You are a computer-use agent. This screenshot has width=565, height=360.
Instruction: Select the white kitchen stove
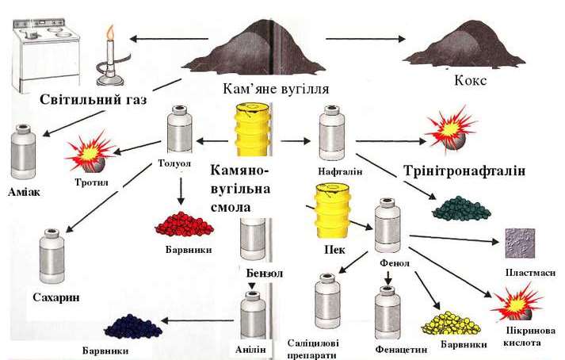(x=44, y=56)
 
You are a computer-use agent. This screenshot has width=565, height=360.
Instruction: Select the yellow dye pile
(x=449, y=321)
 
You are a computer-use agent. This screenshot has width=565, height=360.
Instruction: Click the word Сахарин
(x=58, y=297)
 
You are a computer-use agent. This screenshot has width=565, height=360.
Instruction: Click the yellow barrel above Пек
(x=333, y=210)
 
